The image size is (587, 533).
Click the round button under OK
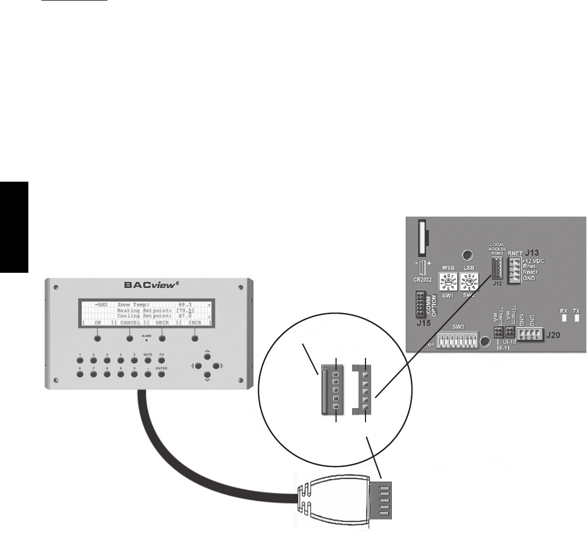coord(98,338)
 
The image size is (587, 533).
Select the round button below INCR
coord(194,338)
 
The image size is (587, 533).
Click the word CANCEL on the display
coord(130,322)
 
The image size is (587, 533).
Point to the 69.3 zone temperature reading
coord(187,303)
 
